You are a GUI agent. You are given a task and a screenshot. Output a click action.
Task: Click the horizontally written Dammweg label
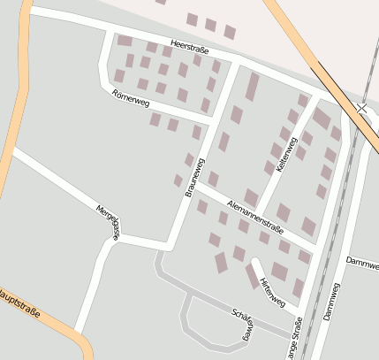tap(362, 261)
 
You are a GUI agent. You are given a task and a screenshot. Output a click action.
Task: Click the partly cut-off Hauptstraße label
tap(22, 304)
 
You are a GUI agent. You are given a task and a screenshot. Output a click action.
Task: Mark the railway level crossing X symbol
tap(362, 107)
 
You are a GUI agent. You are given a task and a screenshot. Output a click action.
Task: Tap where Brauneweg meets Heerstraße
tap(236, 64)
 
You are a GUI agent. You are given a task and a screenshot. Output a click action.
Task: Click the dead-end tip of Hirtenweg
tap(254, 262)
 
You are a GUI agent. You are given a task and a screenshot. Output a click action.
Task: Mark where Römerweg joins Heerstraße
tap(110, 34)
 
